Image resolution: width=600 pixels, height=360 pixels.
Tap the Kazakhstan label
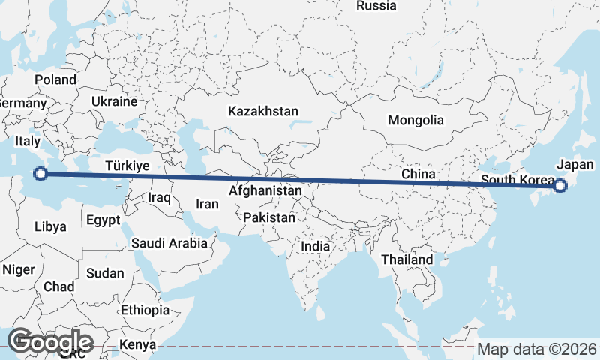point(263,111)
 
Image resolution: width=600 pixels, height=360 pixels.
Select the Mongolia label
point(415,120)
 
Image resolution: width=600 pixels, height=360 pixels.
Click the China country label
point(418,174)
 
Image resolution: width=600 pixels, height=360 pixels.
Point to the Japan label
point(575,165)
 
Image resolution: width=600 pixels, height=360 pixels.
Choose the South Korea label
point(517,181)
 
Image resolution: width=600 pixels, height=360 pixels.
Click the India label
point(316,246)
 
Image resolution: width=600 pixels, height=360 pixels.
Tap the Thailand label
point(407,259)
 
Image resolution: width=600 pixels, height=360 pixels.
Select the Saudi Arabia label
point(169,243)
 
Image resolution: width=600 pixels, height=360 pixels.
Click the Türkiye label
point(127,166)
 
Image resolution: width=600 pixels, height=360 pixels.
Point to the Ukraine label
point(114,101)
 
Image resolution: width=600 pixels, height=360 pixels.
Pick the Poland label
point(55,79)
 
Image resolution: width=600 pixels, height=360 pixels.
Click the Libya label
point(50,226)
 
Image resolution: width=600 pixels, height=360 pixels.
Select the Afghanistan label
point(265,191)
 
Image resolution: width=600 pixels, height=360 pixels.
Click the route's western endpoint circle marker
point(41,175)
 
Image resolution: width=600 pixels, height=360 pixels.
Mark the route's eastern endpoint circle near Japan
point(559,186)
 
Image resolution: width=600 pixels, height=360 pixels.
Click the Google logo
point(52,341)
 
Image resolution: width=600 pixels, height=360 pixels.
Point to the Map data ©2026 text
point(537,349)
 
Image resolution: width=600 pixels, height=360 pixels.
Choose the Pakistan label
point(269,217)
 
